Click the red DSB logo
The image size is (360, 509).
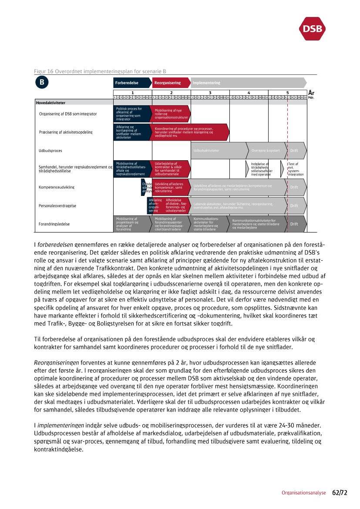pos(312,28)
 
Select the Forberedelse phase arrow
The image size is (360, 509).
pos(132,83)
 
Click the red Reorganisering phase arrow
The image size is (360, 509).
pos(170,83)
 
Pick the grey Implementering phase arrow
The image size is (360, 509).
pos(248,83)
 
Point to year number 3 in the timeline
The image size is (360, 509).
pos(210,92)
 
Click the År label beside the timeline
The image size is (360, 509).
pos(311,93)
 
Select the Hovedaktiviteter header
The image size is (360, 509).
pos(51,103)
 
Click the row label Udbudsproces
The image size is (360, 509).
pos(50,151)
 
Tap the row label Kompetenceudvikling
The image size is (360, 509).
pos(57,187)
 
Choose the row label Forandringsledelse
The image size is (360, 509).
pos(54,224)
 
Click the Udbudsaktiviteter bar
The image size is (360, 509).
pos(218,151)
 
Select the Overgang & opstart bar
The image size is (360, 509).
pos(266,151)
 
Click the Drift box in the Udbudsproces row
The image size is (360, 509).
pos(296,151)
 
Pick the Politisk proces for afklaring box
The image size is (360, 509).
pos(131,114)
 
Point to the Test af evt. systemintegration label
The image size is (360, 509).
pos(296,169)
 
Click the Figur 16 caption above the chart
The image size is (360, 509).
pos(100,71)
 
